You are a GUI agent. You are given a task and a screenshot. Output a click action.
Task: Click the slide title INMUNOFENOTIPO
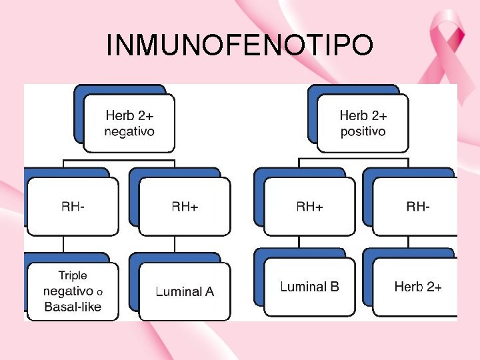(239, 45)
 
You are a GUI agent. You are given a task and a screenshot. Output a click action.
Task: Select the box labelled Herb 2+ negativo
(129, 123)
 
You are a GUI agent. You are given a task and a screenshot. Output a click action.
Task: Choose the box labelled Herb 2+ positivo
(363, 123)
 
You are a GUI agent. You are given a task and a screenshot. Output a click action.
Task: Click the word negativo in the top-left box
(129, 131)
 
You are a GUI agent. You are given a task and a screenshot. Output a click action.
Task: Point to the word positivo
(363, 131)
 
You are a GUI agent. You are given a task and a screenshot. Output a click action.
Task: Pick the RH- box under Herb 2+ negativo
(73, 207)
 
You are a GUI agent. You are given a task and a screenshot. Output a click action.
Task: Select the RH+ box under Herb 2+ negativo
(185, 207)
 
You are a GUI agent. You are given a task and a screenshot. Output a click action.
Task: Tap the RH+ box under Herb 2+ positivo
(309, 207)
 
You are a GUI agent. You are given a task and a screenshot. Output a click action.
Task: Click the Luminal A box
(185, 291)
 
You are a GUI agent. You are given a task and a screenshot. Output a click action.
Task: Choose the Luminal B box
(309, 287)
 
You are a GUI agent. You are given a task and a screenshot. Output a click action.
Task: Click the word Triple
(73, 275)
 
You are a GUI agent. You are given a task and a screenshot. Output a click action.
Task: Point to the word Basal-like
(73, 307)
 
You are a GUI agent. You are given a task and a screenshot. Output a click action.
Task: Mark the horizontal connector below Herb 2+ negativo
(120, 160)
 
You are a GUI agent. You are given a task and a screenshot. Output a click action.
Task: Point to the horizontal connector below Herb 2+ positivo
(353, 159)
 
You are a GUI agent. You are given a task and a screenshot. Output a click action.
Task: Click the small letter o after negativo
(99, 292)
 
